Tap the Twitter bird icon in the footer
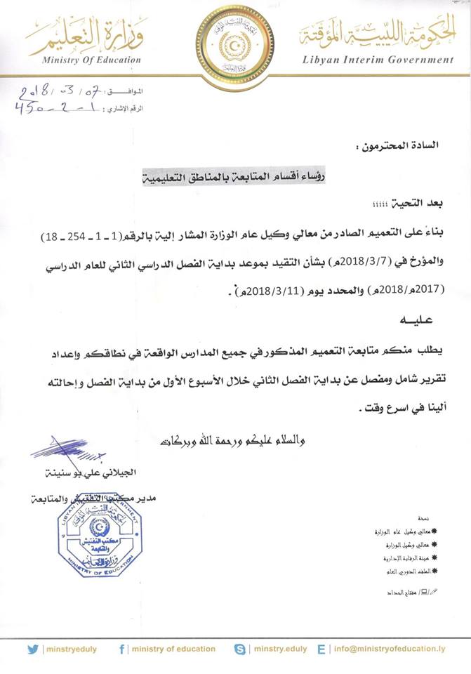33,649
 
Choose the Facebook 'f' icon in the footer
122,649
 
